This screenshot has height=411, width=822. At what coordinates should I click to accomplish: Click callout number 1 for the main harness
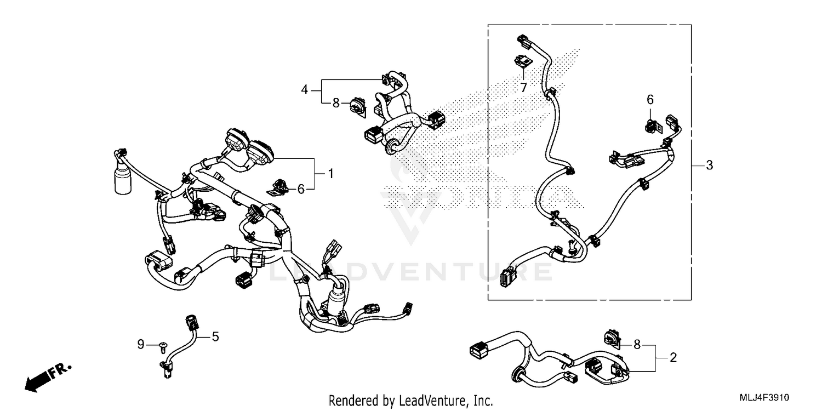(330, 174)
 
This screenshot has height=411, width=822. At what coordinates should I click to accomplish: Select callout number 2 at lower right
(673, 358)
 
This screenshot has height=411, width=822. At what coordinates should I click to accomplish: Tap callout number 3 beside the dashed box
(709, 165)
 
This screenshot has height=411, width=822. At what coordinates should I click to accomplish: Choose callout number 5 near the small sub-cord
(215, 336)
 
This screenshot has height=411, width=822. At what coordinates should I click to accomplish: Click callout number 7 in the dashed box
(523, 87)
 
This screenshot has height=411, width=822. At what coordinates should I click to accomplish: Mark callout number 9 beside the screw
(141, 345)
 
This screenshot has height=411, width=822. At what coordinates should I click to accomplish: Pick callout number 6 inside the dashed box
(650, 100)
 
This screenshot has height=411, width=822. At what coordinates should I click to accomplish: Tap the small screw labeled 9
(163, 345)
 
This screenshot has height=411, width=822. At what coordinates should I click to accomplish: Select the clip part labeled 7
(522, 62)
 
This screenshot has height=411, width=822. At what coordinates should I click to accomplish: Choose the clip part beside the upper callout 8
(358, 106)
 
